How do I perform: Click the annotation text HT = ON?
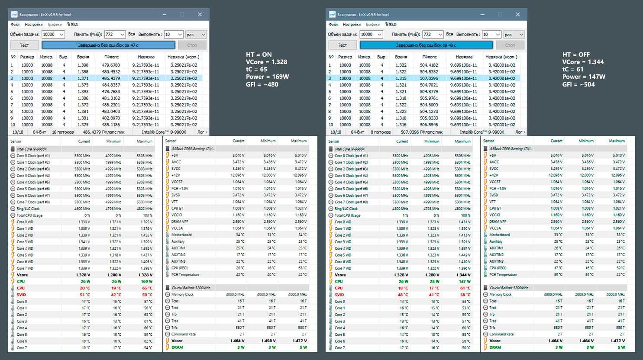tap(259, 55)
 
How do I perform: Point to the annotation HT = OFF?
tap(576, 55)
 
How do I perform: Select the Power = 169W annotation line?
tap(267, 77)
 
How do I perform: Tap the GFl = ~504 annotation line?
tap(578, 84)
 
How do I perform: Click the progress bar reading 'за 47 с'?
tap(108, 45)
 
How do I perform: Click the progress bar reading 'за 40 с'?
tap(426, 45)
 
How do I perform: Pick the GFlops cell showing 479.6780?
tap(111, 65)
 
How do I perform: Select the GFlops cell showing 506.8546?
tap(429, 125)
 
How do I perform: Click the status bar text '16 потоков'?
tap(63, 132)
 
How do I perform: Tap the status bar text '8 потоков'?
tap(381, 132)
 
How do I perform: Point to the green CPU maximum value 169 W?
tap(146, 282)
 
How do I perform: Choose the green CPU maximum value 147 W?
tap(464, 282)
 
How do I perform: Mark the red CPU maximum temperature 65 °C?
tap(147, 288)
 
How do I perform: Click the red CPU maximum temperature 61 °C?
tap(465, 288)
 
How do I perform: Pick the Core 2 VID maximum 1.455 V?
tap(146, 235)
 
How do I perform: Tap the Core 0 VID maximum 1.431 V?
tap(464, 222)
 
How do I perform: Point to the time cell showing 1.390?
tap(83, 65)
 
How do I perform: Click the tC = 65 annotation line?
tap(256, 69)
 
